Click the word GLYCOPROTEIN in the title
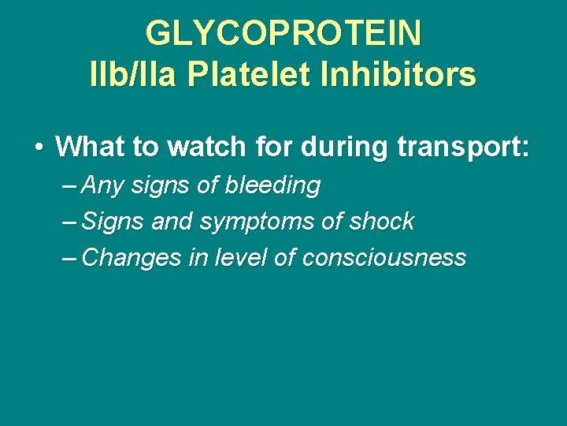point(283,34)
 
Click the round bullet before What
point(39,147)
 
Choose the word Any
point(102,186)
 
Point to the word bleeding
point(272,186)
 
